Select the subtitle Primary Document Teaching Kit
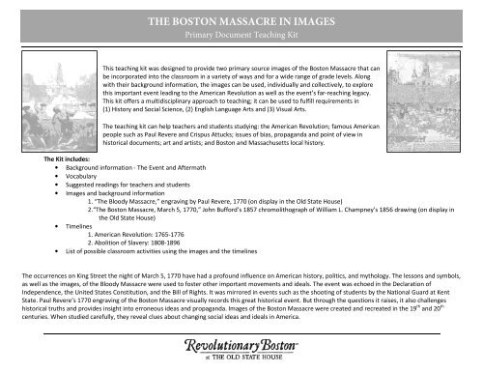click(241, 33)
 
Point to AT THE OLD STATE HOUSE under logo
click(242, 359)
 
